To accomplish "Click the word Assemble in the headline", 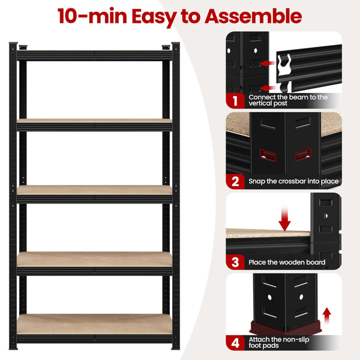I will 253,16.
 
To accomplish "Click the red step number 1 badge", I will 235,100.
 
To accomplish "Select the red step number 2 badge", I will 235,181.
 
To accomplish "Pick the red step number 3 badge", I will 235,262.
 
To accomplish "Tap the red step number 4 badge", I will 235,343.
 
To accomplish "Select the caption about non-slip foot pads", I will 280,343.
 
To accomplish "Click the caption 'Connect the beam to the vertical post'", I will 288,100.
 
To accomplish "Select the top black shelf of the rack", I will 95,55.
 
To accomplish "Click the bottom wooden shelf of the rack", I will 95,324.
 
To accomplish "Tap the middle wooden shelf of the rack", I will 95,190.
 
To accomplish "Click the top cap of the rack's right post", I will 175,46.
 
